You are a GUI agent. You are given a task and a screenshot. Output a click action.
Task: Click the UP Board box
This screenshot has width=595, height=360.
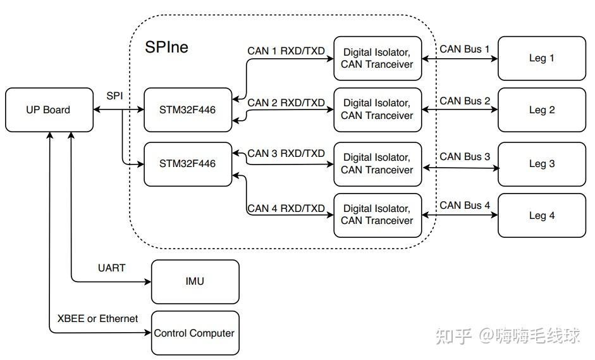[49, 110]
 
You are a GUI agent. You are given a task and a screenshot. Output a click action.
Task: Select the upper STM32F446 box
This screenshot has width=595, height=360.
[188, 110]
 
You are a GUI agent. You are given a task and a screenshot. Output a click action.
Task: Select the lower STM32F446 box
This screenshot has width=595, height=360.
[188, 164]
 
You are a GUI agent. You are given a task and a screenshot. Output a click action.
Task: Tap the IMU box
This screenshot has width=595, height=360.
[195, 281]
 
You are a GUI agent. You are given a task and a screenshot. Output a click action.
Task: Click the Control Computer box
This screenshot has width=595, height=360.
[195, 333]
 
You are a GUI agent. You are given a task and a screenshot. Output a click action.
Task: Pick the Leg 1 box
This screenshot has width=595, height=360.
[542, 58]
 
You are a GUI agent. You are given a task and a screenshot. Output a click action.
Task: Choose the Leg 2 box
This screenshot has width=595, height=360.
[542, 110]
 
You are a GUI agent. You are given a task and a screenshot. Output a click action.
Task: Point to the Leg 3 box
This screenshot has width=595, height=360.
[542, 164]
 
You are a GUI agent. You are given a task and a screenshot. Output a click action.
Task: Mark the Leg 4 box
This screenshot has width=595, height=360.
[542, 215]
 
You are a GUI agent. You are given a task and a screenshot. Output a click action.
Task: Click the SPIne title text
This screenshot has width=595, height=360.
[167, 47]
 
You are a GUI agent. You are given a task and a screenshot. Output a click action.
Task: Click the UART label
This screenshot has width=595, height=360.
[111, 268]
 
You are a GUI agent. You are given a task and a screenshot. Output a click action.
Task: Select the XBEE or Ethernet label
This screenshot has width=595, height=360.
[97, 318]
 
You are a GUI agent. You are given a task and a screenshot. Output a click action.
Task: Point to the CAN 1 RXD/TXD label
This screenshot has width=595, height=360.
[286, 51]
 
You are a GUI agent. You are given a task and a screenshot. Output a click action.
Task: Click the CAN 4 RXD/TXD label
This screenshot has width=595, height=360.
[286, 208]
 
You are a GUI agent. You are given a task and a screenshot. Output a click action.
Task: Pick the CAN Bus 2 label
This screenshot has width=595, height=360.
[465, 101]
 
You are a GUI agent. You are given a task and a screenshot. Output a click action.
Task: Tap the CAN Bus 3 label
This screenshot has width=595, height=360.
[465, 156]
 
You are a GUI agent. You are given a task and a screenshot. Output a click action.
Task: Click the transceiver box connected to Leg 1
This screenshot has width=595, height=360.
[377, 58]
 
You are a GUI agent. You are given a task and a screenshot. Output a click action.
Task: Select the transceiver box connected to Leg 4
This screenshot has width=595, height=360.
[377, 215]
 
